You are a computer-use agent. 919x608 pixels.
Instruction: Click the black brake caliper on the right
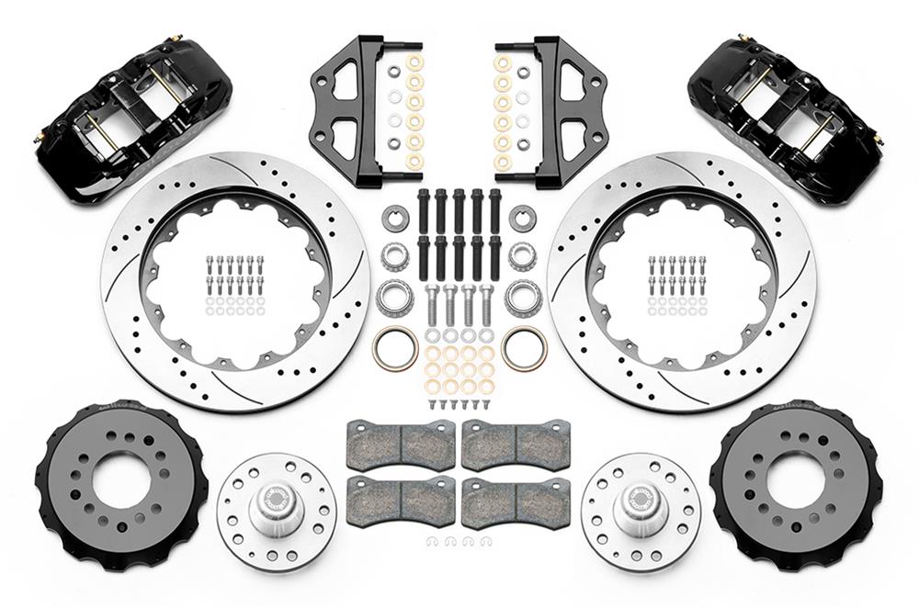pos(786,119)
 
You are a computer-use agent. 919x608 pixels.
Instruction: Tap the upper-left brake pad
pos(401,444)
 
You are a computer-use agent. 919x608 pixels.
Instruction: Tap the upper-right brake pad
pos(516,444)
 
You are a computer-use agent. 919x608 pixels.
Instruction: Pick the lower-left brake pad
pos(401,501)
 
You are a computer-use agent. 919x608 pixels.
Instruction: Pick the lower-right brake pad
pos(516,501)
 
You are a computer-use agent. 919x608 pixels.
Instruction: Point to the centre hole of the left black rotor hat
pos(120,479)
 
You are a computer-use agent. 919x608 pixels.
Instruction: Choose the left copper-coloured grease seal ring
pos(394,346)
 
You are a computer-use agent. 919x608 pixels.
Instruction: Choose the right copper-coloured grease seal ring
pos(524,346)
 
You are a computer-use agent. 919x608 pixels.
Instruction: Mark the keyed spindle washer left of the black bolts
pos(394,219)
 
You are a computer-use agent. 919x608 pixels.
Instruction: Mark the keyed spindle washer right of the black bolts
pos(523,219)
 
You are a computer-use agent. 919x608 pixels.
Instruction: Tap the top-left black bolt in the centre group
pos(424,209)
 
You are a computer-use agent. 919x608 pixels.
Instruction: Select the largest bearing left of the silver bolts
pos(394,296)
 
